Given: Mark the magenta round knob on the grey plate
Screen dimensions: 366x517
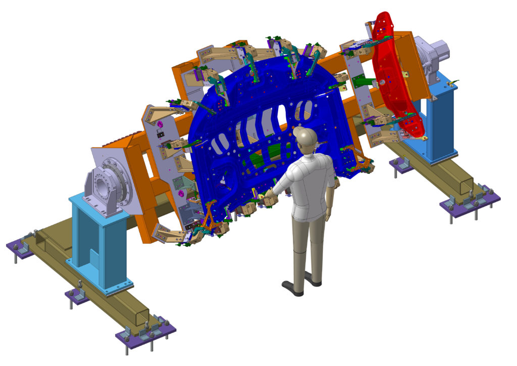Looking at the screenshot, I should click(x=159, y=123).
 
